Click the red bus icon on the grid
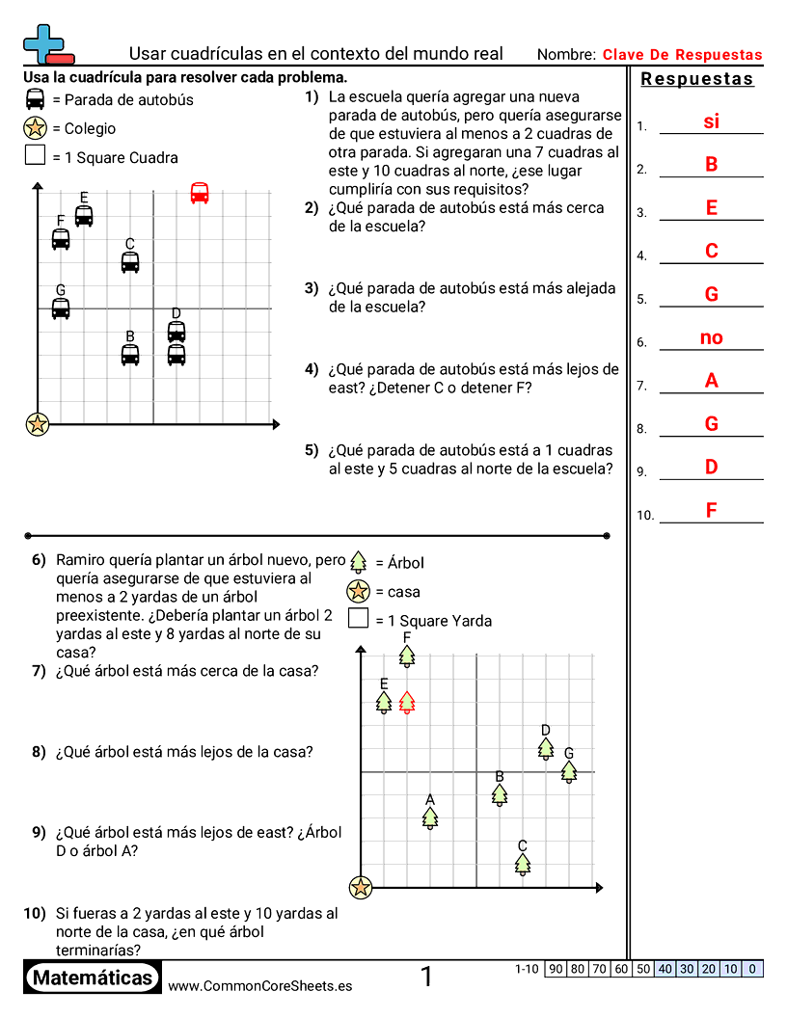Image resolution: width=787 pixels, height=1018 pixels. (200, 193)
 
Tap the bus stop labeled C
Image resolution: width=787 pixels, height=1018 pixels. (130, 261)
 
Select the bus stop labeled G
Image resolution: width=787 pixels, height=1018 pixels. (61, 308)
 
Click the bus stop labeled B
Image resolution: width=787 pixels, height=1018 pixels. (130, 355)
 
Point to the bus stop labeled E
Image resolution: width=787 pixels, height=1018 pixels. (84, 215)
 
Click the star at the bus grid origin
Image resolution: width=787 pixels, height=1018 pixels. (38, 423)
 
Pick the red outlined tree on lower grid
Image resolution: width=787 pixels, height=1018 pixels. (407, 702)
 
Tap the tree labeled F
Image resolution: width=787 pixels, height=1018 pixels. (407, 656)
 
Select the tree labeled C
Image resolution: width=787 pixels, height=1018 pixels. (523, 864)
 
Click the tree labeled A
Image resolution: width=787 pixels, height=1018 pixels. (430, 817)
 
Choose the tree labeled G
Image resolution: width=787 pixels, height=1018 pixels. (569, 771)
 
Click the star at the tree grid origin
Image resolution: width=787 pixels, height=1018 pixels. (361, 887)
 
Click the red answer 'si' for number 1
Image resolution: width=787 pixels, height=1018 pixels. (712, 121)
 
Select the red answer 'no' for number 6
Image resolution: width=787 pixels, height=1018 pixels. (712, 337)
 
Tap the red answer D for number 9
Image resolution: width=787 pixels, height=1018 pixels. (712, 467)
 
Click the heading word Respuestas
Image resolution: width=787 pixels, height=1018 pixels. (697, 79)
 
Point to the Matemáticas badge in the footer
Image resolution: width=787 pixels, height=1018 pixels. (93, 978)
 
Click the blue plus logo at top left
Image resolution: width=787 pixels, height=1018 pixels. (44, 44)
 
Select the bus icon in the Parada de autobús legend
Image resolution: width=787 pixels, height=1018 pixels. (36, 99)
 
